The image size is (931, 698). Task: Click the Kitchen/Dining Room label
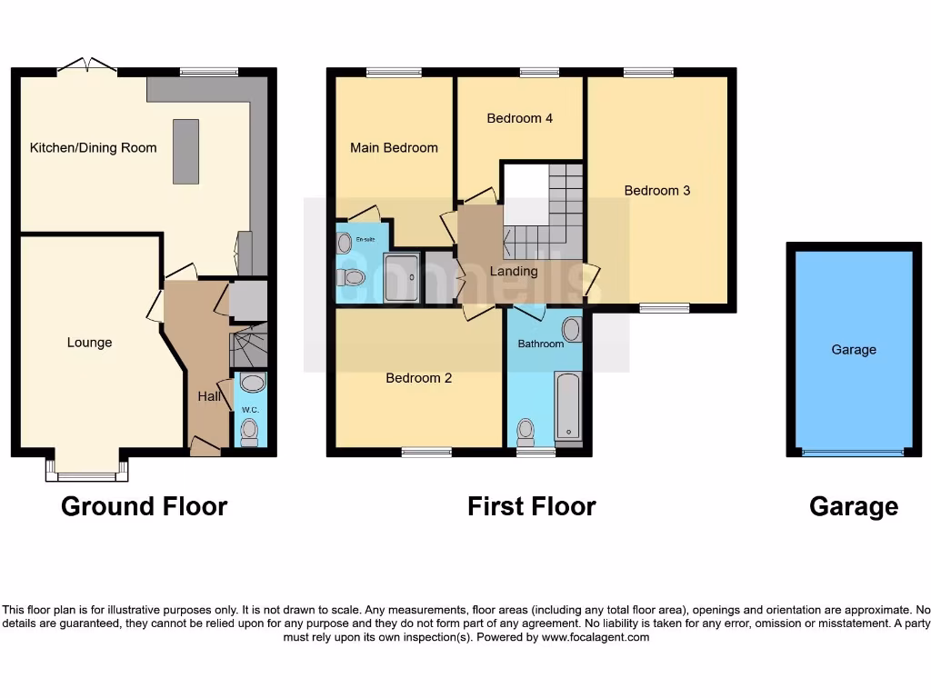[93, 148]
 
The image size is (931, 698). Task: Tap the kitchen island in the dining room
[186, 152]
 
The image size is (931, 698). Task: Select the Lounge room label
[89, 343]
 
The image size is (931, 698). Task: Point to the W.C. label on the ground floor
[250, 410]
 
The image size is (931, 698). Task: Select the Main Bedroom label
[394, 148]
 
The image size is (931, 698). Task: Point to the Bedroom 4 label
[519, 118]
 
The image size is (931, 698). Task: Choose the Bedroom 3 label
[656, 191]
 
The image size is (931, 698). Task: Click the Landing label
[514, 271]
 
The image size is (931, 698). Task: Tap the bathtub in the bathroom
[567, 405]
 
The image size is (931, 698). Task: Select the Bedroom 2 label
[418, 378]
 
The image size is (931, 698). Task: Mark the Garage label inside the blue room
[853, 350]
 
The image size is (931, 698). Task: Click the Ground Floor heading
[144, 506]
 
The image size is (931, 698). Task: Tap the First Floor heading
[531, 506]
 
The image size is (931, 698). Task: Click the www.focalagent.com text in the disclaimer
[596, 637]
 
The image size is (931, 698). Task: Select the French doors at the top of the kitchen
[87, 66]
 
